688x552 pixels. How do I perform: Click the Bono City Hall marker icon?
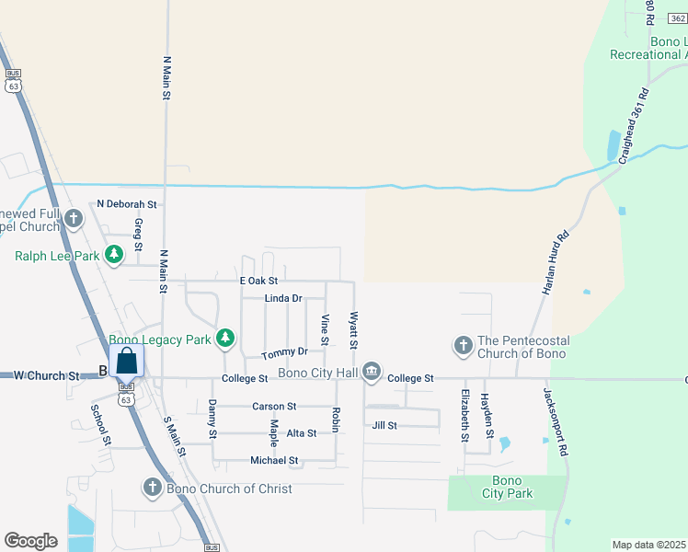[371, 371]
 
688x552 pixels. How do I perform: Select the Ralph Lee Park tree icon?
[113, 254]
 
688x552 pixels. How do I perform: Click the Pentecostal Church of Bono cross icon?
[463, 346]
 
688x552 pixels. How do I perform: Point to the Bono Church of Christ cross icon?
[153, 488]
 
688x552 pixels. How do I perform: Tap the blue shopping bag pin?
[127, 362]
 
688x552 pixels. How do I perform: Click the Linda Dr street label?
[283, 298]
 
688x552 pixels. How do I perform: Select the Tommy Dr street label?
[284, 352]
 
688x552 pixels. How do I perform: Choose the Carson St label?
[274, 406]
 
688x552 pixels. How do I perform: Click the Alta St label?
[302, 432]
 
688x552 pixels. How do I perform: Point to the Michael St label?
[274, 460]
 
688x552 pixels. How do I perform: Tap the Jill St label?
[384, 425]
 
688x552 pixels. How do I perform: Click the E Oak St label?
[258, 280]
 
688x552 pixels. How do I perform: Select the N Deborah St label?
[127, 204]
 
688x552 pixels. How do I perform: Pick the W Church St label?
[48, 375]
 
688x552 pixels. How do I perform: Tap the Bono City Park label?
[507, 487]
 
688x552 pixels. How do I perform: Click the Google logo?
[30, 540]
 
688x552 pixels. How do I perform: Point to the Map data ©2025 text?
[648, 545]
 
